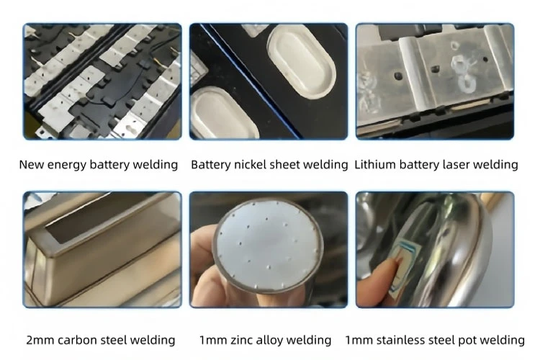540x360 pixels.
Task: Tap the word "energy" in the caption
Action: [x=66, y=165]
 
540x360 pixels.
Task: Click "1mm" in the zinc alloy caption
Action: [x=212, y=340]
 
